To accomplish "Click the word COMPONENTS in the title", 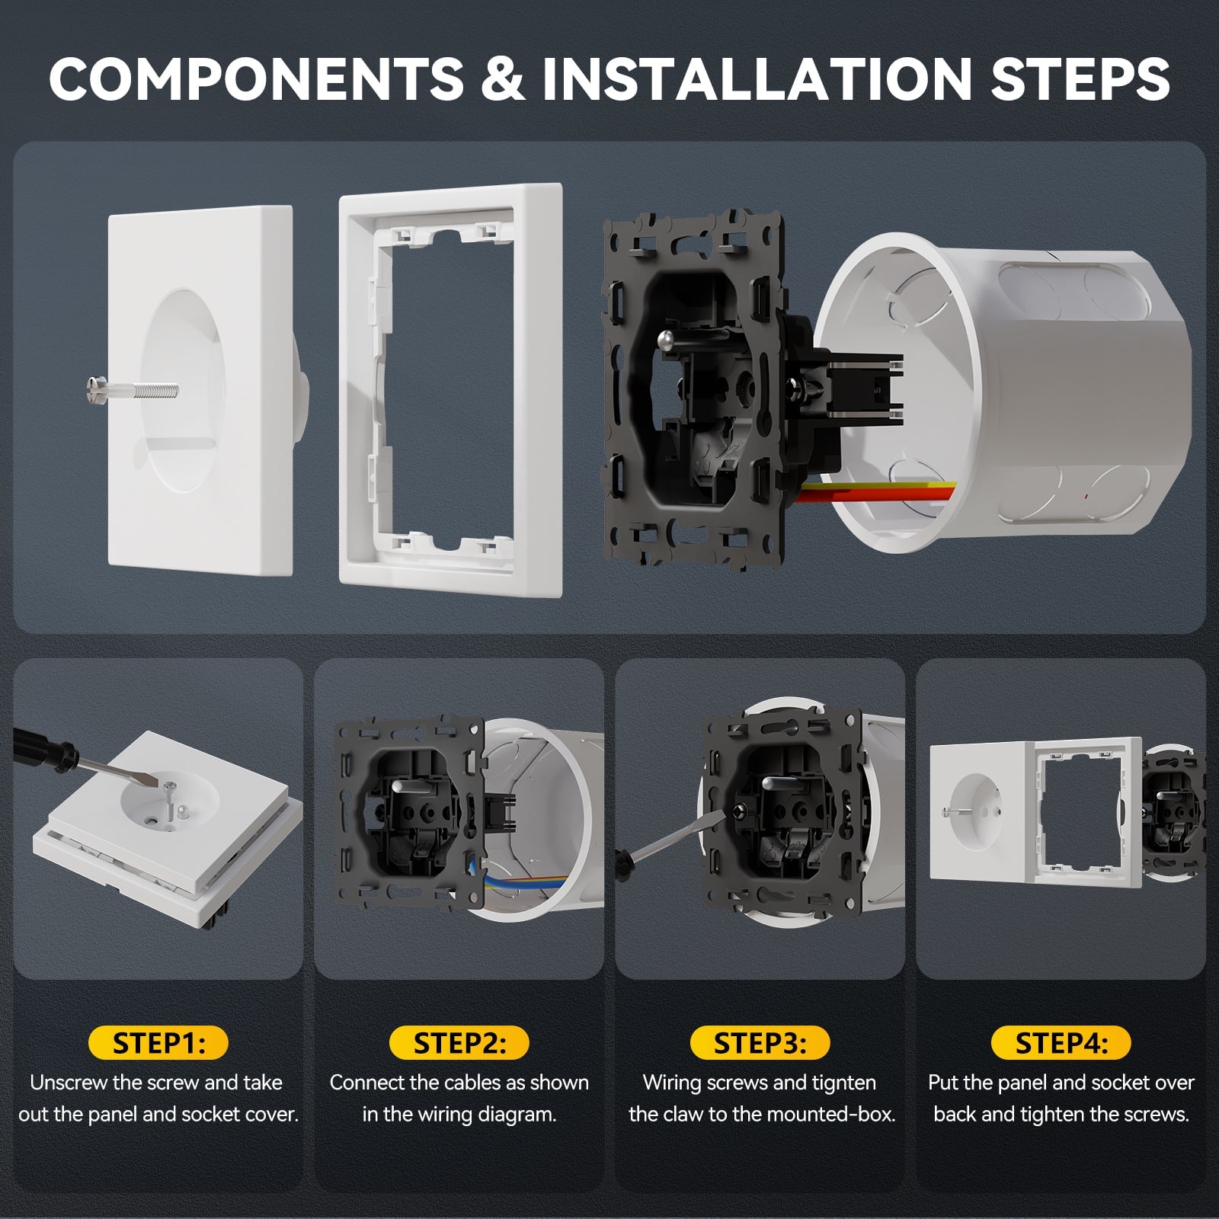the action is tap(256, 78).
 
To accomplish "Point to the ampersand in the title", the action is tap(503, 78).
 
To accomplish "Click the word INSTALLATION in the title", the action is tap(757, 78).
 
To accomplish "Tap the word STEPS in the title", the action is tap(1080, 78).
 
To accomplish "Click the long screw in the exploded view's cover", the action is tap(133, 389).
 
